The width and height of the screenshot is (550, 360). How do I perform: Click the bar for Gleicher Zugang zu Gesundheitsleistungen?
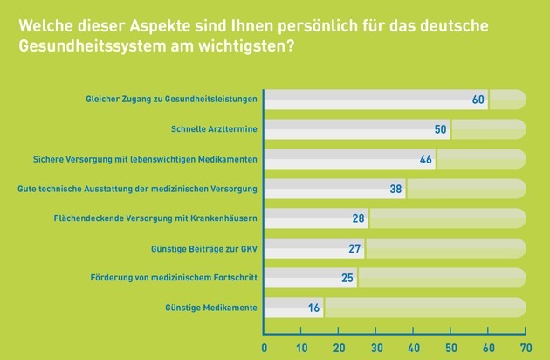[375, 100]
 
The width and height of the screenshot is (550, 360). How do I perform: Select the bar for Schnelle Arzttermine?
[356, 130]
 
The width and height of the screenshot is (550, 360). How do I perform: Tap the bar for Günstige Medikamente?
[293, 308]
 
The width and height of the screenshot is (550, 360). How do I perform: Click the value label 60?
[478, 100]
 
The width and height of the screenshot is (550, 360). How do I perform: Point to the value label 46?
[425, 159]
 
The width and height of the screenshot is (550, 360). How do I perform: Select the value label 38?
[395, 189]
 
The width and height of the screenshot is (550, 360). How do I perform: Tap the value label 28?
[358, 218]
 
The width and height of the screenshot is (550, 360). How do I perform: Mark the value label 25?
[347, 278]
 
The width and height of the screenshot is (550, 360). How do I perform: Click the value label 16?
[313, 308]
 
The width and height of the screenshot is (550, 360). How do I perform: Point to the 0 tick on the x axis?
[265, 347]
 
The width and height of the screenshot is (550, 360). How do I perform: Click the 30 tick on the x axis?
[376, 347]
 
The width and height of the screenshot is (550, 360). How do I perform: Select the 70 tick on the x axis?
[526, 347]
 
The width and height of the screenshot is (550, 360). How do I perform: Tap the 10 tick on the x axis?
[302, 347]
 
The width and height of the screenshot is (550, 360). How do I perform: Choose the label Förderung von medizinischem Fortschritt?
[164, 278]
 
